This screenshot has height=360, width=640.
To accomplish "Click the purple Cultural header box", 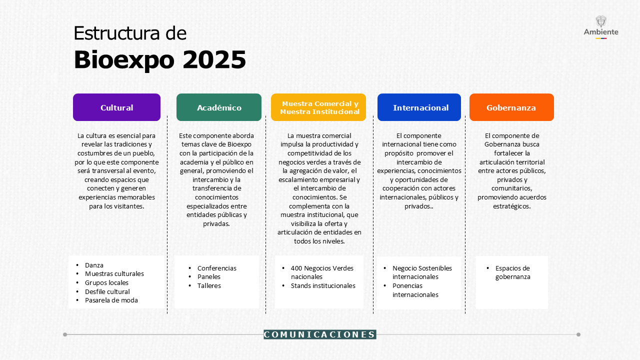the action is [116, 107].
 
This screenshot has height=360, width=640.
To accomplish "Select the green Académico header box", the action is [219, 107].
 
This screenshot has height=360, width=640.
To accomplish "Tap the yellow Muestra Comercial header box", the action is [318, 107].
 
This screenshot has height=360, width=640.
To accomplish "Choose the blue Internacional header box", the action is [419, 107].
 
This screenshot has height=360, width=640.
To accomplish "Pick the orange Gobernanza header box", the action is [511, 107].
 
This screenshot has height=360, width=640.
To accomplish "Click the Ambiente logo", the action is [601, 27].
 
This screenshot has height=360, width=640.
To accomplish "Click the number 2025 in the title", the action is [214, 59].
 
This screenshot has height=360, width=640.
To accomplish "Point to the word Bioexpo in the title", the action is [124, 60].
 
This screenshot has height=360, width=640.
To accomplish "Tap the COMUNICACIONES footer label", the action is [319, 334].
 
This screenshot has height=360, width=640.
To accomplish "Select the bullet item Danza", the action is [94, 265].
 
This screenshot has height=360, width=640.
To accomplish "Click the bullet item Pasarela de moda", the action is [111, 300].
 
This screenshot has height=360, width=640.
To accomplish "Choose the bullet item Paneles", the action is [209, 277].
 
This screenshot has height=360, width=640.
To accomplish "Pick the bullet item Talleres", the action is [209, 285].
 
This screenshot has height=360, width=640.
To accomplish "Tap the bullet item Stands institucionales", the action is [323, 285].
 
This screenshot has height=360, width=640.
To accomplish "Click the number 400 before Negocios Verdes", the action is [296, 268].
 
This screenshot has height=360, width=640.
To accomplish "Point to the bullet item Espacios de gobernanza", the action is [512, 272].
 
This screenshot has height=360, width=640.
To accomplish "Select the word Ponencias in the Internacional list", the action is [407, 285].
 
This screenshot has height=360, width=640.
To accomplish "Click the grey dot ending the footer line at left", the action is [65, 334].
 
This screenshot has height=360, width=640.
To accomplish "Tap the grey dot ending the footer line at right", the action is [578, 334].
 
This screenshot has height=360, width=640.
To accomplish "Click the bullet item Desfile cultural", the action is [107, 291].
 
